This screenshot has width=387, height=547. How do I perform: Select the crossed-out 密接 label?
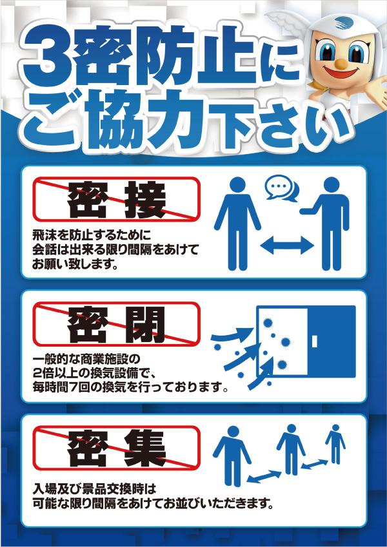tap(116, 199)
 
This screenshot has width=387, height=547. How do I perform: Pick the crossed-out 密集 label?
tap(116, 448)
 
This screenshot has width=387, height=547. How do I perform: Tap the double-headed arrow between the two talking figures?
tap(287, 246)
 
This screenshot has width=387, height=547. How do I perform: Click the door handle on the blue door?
tap(315, 341)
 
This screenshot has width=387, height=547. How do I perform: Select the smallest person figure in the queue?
tap(335, 444)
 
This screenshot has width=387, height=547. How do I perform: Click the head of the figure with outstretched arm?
tap(332, 184)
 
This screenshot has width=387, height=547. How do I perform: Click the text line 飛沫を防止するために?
tap(92, 235)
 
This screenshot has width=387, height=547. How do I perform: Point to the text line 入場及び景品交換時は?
tap(94, 490)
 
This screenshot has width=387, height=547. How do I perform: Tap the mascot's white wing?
tap(283, 20)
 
